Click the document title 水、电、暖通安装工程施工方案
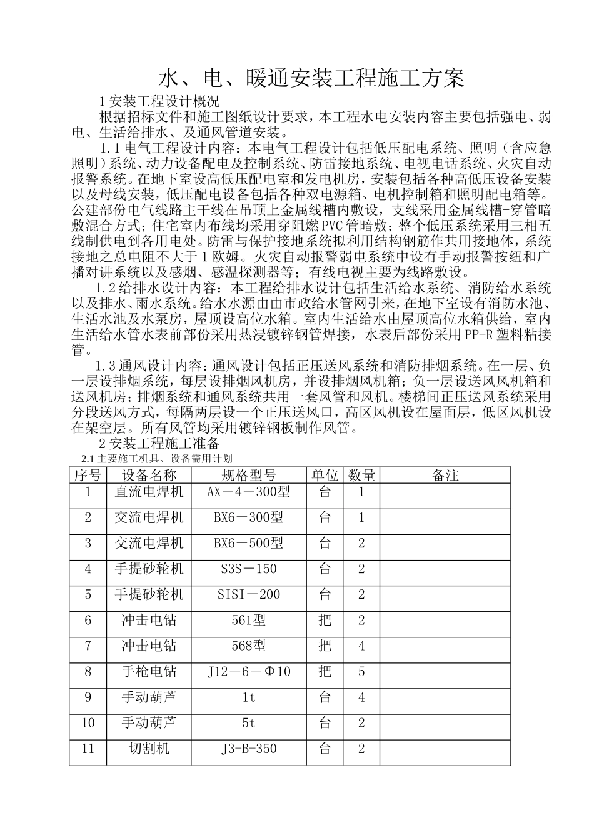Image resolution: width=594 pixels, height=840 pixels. (311, 79)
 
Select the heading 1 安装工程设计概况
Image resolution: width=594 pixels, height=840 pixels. (159, 101)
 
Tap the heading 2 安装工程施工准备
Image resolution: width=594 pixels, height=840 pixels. (159, 444)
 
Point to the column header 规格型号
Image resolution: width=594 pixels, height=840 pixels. (248, 476)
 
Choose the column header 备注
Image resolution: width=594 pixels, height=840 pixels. (445, 476)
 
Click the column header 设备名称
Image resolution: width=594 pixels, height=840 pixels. (149, 476)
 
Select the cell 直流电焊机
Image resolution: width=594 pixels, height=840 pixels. (149, 492)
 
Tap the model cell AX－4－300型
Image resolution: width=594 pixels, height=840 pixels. (248, 492)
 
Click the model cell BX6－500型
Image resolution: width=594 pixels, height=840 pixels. (248, 543)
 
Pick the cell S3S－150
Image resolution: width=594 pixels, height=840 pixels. (248, 569)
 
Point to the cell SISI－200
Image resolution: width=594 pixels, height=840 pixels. (248, 594)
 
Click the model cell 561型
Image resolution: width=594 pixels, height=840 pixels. (248, 620)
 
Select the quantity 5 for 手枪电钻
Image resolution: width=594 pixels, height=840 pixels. (361, 672)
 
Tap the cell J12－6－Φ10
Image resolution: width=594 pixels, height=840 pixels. (248, 672)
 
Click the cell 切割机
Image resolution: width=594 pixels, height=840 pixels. (149, 748)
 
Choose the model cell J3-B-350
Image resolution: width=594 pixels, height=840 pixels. (248, 748)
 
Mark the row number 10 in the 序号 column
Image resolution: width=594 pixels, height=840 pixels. (88, 723)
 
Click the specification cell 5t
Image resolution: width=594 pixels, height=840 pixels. (248, 723)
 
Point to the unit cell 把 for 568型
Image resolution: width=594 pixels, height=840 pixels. (325, 646)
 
